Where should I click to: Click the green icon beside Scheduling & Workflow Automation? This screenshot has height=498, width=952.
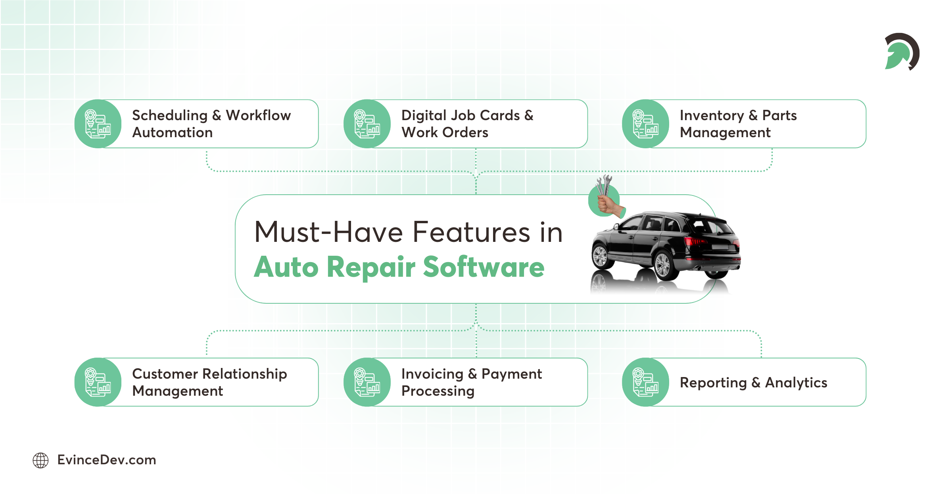point(98,124)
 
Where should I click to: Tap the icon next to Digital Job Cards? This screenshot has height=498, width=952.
point(367,124)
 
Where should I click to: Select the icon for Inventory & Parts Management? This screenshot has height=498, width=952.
point(645,124)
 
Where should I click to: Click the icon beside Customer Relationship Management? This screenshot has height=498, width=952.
point(98,382)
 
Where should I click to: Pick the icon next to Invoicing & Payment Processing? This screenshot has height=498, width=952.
point(367,382)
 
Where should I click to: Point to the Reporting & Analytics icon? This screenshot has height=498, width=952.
point(645,382)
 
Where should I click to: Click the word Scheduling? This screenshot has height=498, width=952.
point(170,115)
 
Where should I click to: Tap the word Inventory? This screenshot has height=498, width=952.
point(712,115)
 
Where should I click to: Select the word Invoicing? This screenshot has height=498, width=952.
point(432,374)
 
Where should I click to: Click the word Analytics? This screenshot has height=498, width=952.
point(796,383)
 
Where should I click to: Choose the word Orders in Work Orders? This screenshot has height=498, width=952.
point(465,132)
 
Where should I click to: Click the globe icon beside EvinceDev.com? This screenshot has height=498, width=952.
point(40,460)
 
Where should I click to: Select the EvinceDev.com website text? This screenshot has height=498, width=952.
point(107,460)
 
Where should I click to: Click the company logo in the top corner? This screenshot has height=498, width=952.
point(902,52)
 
